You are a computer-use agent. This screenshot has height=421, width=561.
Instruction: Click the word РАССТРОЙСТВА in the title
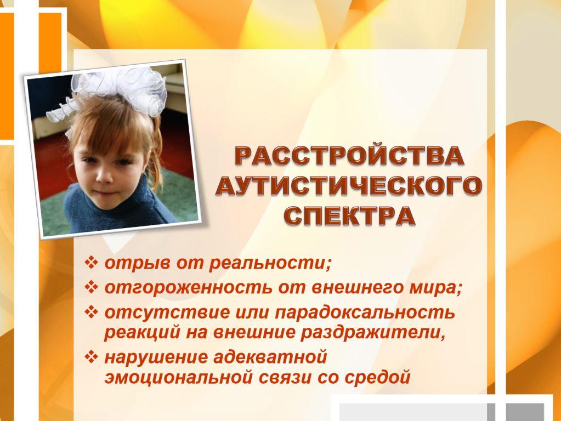[349, 156]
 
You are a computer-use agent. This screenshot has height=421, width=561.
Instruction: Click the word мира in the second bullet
[434, 288]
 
